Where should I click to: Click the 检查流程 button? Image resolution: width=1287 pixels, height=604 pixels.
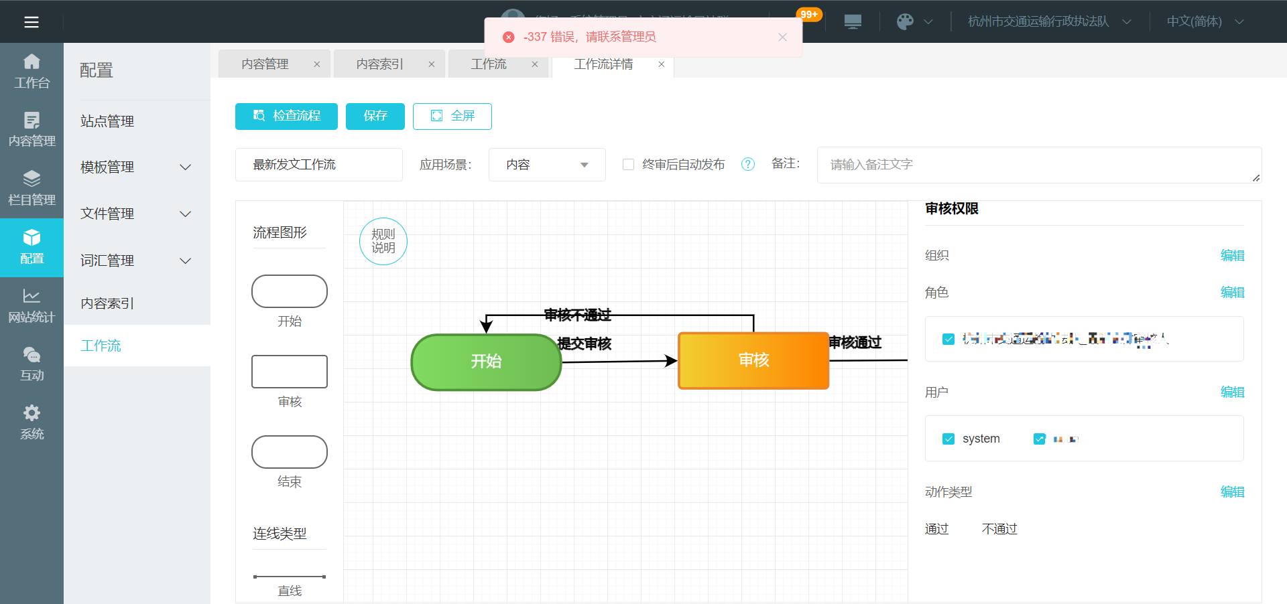(x=286, y=116)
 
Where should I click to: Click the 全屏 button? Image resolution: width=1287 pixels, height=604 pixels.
(x=452, y=116)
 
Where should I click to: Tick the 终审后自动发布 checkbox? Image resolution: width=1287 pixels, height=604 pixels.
(x=628, y=164)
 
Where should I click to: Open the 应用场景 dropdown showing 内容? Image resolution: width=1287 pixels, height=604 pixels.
(x=547, y=165)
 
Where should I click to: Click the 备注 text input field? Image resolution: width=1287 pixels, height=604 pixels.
(x=1038, y=165)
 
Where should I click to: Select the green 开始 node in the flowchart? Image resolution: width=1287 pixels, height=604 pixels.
(x=486, y=362)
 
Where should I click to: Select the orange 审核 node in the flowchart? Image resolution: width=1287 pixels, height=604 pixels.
(x=753, y=360)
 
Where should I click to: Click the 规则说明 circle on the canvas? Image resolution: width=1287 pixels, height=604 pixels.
(x=383, y=241)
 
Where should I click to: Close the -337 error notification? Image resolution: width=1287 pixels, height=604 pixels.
(x=782, y=37)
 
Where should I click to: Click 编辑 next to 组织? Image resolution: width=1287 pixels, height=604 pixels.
(x=1232, y=255)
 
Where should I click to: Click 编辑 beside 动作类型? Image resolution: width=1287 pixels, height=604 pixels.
(x=1232, y=492)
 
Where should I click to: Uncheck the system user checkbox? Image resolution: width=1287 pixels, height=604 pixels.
(x=948, y=439)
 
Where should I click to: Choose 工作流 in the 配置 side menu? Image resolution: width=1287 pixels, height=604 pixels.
(x=101, y=346)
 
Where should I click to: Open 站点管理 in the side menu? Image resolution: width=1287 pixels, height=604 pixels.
(x=107, y=121)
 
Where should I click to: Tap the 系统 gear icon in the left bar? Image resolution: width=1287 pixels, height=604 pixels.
(x=32, y=413)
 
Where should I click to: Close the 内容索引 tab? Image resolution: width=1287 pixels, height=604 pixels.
(x=432, y=64)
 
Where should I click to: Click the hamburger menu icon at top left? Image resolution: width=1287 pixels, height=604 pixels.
(x=32, y=22)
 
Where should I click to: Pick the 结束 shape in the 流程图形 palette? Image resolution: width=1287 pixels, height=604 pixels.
(x=290, y=452)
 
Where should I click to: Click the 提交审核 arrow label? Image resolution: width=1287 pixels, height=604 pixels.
(x=585, y=344)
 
